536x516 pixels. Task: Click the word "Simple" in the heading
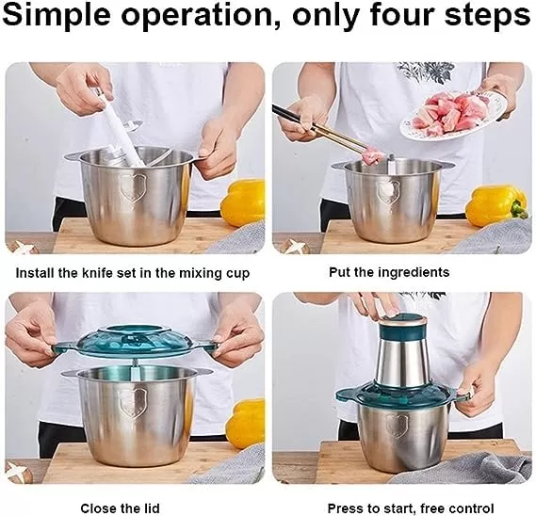pyautogui.click(x=57, y=16)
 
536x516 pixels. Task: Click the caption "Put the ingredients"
pyautogui.click(x=389, y=272)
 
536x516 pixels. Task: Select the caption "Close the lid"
pyautogui.click(x=120, y=508)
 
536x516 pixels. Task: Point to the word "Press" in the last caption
pyautogui.click(x=347, y=508)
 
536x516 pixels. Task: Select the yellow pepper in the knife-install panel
pyautogui.click(x=242, y=202)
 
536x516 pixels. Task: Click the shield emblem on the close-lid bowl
pyautogui.click(x=131, y=403)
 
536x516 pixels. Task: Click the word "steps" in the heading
pyautogui.click(x=487, y=16)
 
